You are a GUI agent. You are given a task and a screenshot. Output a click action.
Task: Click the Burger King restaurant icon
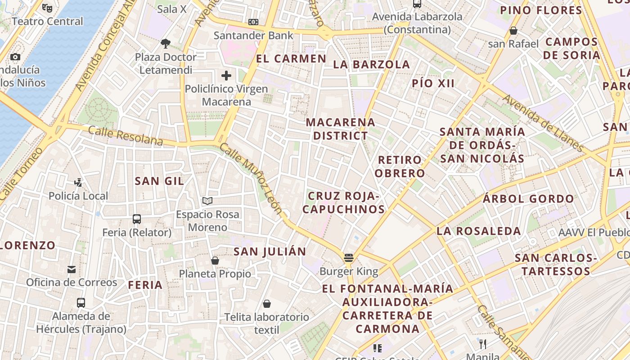pos(348,258)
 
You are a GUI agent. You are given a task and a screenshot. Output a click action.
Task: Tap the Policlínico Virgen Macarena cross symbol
pos(226,75)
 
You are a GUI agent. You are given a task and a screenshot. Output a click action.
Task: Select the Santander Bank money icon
pos(253,22)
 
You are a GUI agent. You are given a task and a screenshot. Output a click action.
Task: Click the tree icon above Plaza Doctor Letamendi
pos(166,44)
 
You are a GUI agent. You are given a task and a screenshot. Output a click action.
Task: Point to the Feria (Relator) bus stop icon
pos(137,219)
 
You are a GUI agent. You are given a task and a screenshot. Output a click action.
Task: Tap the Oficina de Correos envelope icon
pos(72,269)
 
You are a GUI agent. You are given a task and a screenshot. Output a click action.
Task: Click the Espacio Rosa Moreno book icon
pos(207,201)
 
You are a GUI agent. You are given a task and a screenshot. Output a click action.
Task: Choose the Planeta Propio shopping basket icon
pos(215,261)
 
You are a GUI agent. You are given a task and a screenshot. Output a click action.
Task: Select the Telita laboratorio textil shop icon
pos(267,304)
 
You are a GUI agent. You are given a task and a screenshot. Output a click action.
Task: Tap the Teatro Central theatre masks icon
pos(47,8)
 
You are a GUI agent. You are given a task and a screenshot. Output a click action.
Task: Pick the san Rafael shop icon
pos(513,31)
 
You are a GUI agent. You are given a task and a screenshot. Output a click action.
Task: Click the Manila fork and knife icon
pos(483,344)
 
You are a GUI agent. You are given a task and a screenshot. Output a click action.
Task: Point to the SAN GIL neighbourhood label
pos(159,181)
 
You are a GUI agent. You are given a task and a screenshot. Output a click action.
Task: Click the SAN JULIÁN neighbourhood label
pos(270,252)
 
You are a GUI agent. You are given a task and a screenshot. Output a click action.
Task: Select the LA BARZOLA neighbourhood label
pos(371,64)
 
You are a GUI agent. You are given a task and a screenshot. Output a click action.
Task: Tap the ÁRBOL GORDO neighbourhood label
pos(528,198)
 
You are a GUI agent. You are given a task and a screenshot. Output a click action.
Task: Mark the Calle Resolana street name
pos(125,135)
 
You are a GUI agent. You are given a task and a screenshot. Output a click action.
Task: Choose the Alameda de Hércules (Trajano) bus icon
pos(81,302)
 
